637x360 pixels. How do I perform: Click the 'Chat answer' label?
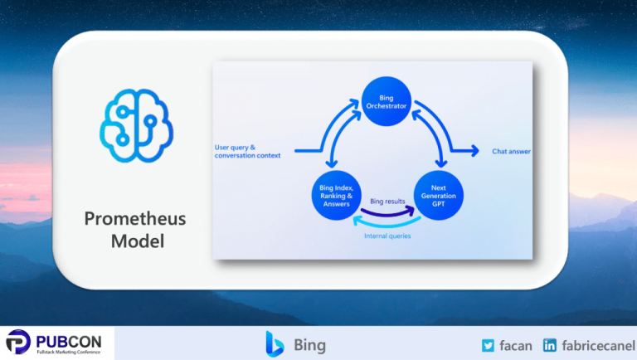[511, 152]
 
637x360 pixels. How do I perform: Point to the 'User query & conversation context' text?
[247, 151]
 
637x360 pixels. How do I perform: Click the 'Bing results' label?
[388, 202]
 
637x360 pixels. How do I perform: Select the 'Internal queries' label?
[387, 236]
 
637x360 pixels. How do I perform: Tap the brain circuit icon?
[136, 124]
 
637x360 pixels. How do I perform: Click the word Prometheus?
[136, 219]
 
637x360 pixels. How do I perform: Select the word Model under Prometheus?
[136, 242]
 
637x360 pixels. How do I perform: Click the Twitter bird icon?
[489, 345]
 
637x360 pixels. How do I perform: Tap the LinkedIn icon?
[549, 345]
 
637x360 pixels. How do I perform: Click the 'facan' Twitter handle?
[516, 345]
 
